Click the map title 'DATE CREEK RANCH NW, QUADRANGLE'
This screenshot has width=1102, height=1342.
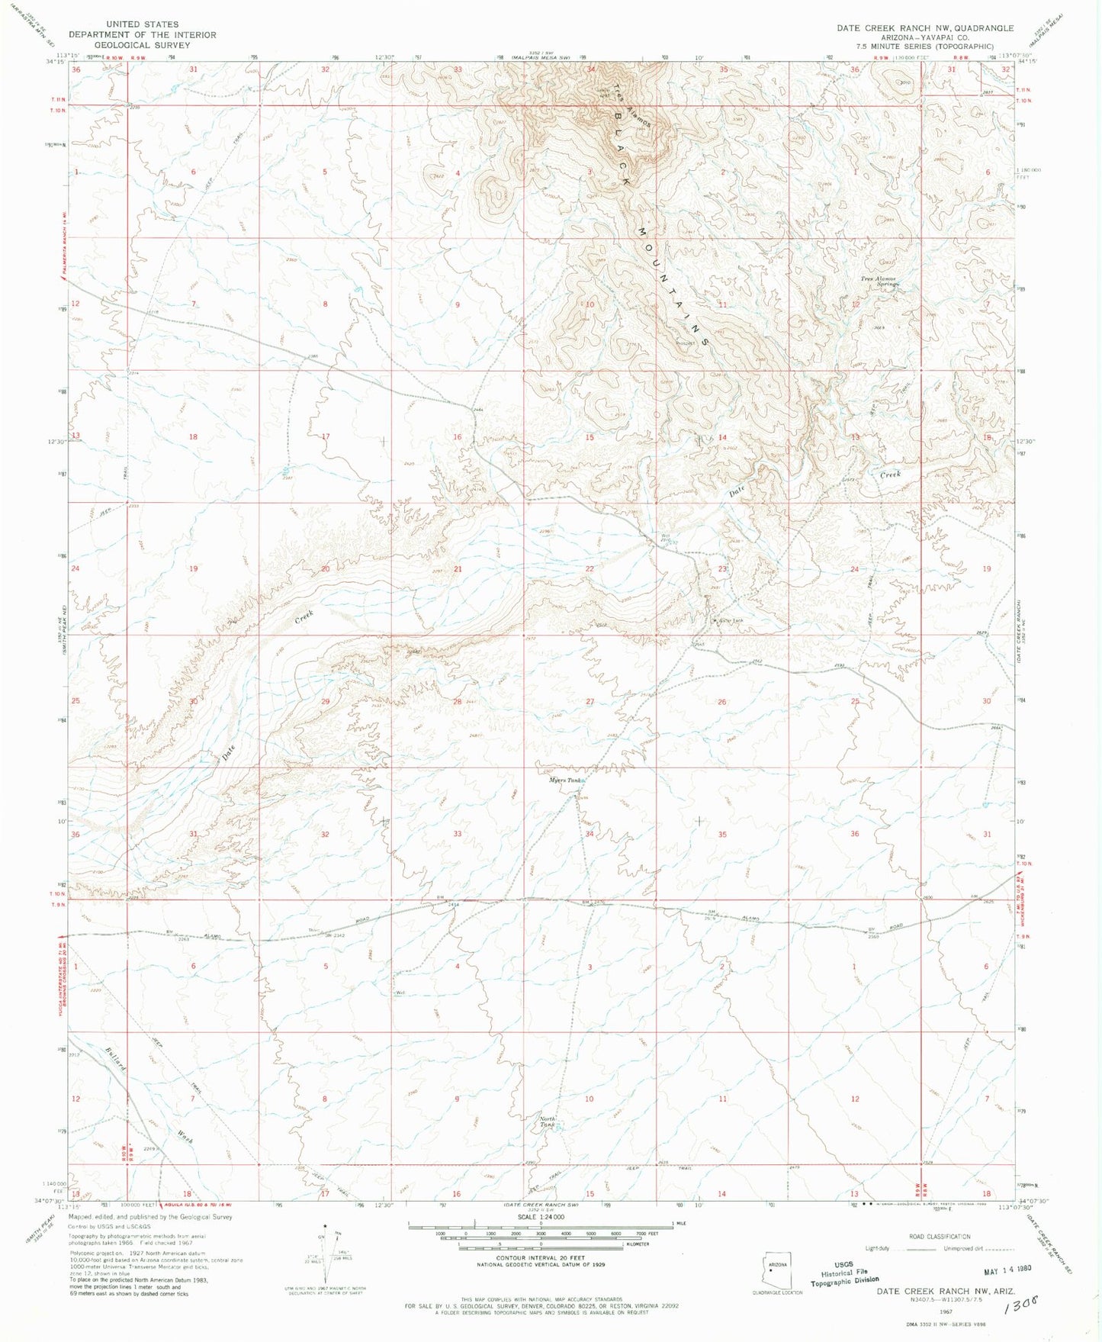pyautogui.click(x=925, y=28)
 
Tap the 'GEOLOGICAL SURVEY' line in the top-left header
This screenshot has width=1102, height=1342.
pyautogui.click(x=142, y=45)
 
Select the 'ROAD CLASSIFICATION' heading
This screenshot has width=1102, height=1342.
pyautogui.click(x=939, y=1237)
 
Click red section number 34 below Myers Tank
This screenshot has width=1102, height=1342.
pyautogui.click(x=590, y=834)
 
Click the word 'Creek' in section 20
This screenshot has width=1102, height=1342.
pyautogui.click(x=304, y=616)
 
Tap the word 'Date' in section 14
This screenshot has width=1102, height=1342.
pyautogui.click(x=736, y=492)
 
